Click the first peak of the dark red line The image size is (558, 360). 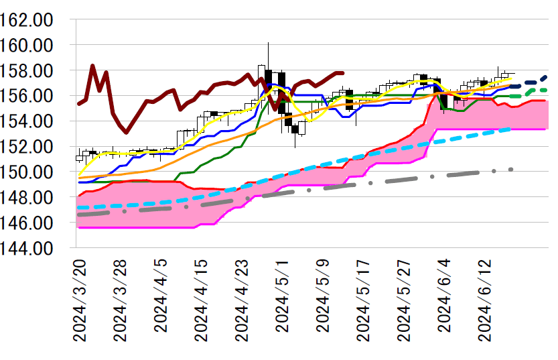(x=92, y=66)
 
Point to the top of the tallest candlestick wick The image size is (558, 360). (x=268, y=42)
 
